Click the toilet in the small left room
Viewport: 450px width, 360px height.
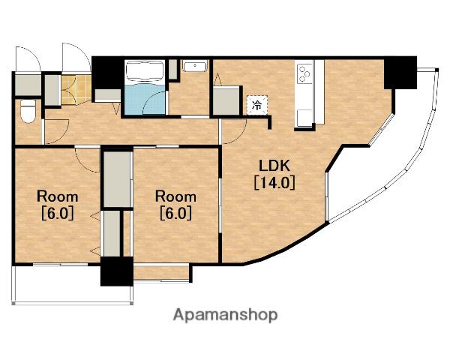(x=28, y=112)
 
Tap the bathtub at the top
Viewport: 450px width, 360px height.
(x=145, y=71)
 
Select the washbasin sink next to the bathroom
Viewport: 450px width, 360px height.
(x=195, y=67)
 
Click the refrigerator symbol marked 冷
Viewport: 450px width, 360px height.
(x=257, y=105)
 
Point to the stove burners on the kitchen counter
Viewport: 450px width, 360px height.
(x=304, y=73)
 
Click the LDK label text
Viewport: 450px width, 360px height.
(x=274, y=166)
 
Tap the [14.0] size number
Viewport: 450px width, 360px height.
(x=274, y=182)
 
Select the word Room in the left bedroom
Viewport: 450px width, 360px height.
(x=58, y=196)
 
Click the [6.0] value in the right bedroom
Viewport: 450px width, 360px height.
(x=175, y=213)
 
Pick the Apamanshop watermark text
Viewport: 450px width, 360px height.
(x=225, y=315)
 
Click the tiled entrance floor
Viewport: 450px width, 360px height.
(x=76, y=89)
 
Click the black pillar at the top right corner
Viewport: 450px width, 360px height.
(x=400, y=73)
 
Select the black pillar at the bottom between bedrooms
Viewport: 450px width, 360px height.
(x=117, y=271)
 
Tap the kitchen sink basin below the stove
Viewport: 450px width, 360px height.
(x=304, y=118)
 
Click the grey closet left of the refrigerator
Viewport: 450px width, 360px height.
(x=226, y=101)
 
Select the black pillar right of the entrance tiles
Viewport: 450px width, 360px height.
(x=107, y=73)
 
